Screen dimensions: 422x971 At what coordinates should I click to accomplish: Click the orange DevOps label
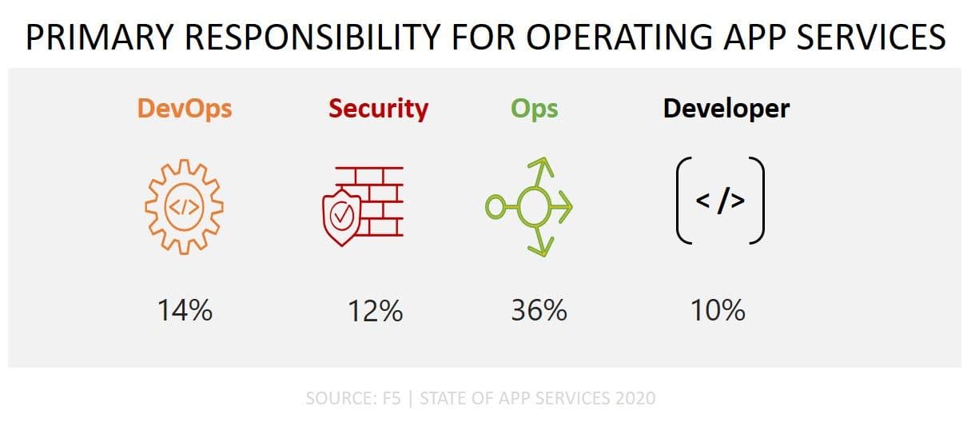pyautogui.click(x=185, y=109)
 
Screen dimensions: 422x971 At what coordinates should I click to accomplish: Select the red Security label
pyautogui.click(x=378, y=109)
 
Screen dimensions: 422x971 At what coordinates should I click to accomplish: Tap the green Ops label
pyautogui.click(x=534, y=109)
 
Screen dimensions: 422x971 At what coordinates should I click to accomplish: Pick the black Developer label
pyautogui.click(x=726, y=109)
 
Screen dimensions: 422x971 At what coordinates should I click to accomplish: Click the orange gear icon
pyautogui.click(x=184, y=207)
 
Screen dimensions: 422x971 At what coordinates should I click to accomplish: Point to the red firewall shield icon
pyautogui.click(x=356, y=207)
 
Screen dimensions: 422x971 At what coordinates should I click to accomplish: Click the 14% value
pyautogui.click(x=184, y=309)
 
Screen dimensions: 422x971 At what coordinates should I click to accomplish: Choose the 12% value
pyautogui.click(x=374, y=309)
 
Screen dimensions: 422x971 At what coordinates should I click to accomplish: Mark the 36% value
pyautogui.click(x=539, y=309)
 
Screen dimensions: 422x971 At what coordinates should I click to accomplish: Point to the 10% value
pyautogui.click(x=718, y=309)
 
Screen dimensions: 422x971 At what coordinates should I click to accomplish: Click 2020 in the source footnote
pyautogui.click(x=638, y=397)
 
